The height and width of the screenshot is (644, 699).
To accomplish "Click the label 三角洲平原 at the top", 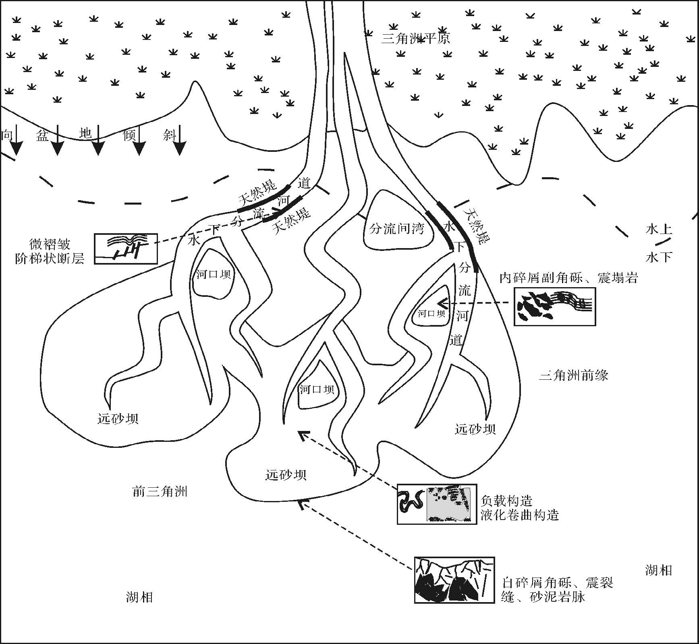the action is (x=415, y=38).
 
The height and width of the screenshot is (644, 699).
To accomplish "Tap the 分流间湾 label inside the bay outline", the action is (x=397, y=229).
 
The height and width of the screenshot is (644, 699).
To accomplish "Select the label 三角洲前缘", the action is (x=573, y=375).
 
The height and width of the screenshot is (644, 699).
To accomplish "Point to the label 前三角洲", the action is (x=160, y=491).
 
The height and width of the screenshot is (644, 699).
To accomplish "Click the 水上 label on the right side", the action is (x=659, y=229).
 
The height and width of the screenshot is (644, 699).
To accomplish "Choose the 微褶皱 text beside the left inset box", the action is (x=50, y=244).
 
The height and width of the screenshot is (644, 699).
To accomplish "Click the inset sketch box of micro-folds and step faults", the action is (x=126, y=249).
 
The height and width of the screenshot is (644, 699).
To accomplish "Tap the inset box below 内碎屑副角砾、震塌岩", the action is (x=554, y=306).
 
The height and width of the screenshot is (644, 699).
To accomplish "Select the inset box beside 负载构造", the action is (x=437, y=504).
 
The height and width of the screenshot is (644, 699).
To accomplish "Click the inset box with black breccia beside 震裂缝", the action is (x=454, y=580).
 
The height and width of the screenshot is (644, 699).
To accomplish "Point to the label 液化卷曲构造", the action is (x=520, y=515).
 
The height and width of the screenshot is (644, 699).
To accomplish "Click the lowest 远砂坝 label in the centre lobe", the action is (x=286, y=475).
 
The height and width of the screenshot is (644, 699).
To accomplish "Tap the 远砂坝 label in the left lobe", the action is (x=118, y=418).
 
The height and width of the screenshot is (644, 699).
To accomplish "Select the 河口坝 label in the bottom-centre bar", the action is (x=317, y=389).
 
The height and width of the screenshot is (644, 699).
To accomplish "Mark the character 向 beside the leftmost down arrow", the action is (x=7, y=135).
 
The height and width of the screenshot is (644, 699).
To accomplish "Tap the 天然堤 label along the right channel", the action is (x=477, y=226).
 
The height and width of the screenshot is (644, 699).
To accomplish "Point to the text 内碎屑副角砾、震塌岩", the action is (x=568, y=277).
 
